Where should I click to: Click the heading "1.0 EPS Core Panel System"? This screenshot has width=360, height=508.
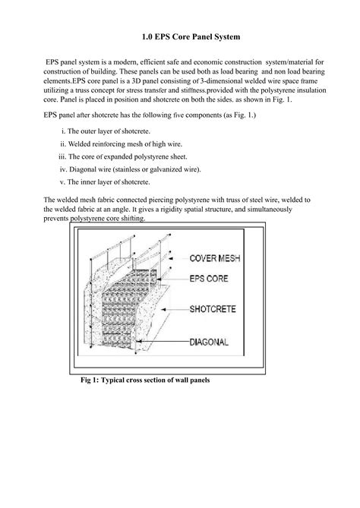(x=179, y=36)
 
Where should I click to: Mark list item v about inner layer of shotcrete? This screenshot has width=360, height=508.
(x=113, y=181)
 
